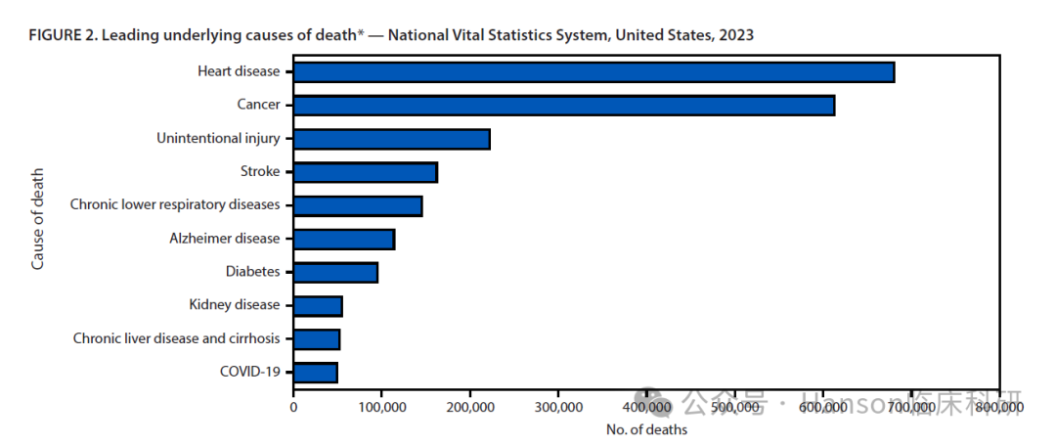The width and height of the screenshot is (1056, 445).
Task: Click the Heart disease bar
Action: [x=594, y=71]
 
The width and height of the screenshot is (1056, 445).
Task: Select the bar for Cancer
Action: [x=564, y=105]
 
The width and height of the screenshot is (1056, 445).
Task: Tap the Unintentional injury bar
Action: [x=391, y=139]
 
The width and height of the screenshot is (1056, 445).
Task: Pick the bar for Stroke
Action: [x=365, y=172]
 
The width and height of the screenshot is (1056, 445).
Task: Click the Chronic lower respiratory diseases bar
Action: [x=358, y=205]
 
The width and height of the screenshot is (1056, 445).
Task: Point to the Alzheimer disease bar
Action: [x=344, y=239]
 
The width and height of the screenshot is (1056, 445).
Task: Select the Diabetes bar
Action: [x=335, y=272]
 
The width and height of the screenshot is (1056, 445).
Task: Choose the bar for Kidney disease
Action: [x=318, y=306]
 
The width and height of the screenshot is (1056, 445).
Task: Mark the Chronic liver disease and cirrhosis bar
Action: [x=317, y=339]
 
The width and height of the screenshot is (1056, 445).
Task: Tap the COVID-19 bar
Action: [x=315, y=373]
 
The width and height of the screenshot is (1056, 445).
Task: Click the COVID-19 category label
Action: [x=250, y=372]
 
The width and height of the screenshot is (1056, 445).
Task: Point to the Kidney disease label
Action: [x=235, y=305]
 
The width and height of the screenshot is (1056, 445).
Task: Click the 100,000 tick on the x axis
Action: [x=381, y=406]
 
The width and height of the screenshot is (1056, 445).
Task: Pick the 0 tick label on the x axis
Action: [x=293, y=406]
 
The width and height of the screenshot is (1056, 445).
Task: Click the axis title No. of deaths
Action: [x=645, y=429]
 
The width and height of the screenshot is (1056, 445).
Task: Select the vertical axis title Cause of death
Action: [x=38, y=219]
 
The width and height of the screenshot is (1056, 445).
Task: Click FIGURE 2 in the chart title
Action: [x=62, y=35]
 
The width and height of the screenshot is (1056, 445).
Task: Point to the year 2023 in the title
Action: [x=735, y=35]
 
